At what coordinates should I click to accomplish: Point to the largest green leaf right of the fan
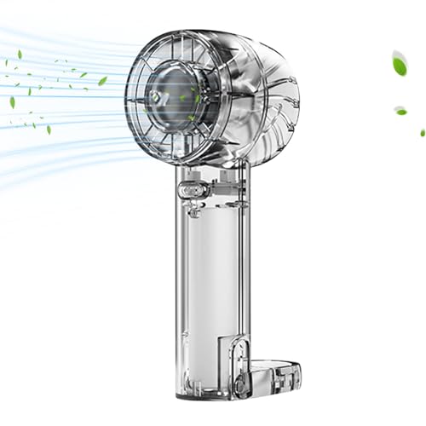coord(398,62)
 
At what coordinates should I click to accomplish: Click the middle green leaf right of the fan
coord(401,110)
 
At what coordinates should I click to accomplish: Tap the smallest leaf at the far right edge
coord(421,132)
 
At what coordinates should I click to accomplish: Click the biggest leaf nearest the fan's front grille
coord(103,81)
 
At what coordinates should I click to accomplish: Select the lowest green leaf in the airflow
coord(48,130)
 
